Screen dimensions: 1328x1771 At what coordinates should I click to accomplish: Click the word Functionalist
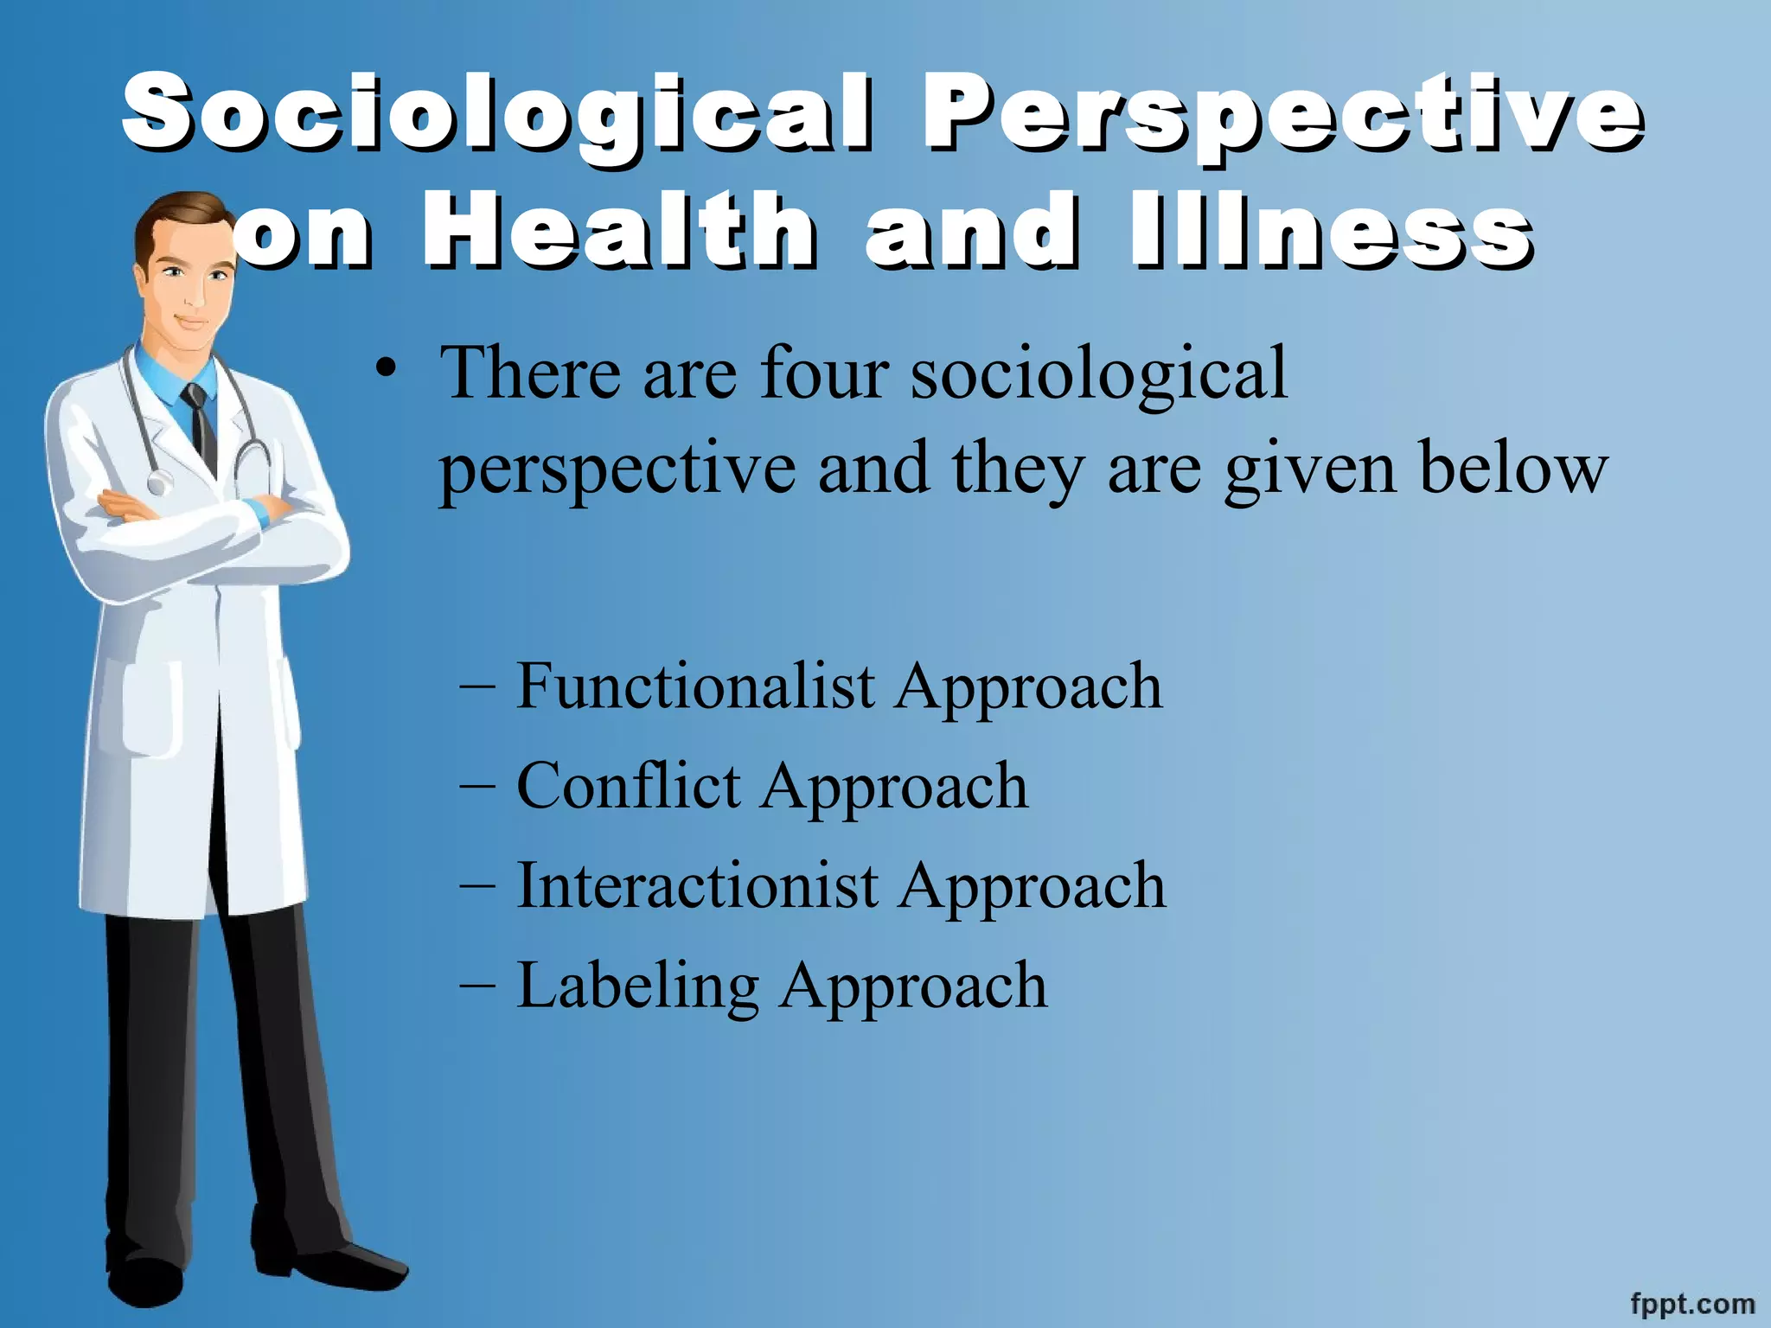click(695, 686)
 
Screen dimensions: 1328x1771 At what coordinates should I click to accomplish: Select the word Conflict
click(628, 786)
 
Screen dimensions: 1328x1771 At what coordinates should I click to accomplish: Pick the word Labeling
click(637, 986)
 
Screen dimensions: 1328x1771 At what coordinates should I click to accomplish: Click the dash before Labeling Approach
click(478, 986)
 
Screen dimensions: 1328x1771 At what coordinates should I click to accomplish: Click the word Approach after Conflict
click(894, 786)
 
